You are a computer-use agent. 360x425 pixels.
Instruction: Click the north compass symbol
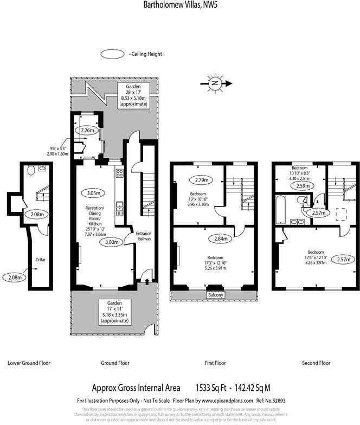(x=215, y=83)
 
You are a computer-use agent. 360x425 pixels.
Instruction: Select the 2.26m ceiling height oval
(x=87, y=130)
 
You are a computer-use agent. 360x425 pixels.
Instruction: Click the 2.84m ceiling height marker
(x=221, y=238)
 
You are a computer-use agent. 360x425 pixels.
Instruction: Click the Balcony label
(x=215, y=295)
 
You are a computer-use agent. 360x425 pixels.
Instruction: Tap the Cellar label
(x=41, y=260)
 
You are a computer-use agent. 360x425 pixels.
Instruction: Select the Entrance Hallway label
(x=144, y=236)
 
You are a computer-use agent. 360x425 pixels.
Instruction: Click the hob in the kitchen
(x=119, y=174)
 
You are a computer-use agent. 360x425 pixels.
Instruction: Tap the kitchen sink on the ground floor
(x=119, y=206)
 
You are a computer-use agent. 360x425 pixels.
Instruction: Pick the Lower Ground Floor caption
(x=30, y=363)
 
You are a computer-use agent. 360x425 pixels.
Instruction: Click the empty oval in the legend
(x=113, y=54)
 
